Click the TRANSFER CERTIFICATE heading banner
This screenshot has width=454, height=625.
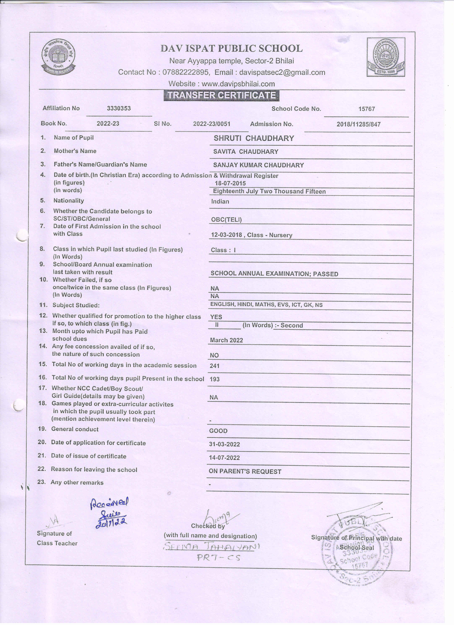pyautogui.click(x=221, y=95)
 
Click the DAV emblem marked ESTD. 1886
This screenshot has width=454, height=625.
pyautogui.click(x=386, y=57)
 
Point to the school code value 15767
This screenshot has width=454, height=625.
pyautogui.click(x=366, y=109)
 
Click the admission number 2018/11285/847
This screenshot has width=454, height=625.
pyautogui.click(x=358, y=124)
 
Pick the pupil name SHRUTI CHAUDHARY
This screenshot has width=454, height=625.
pyautogui.click(x=254, y=138)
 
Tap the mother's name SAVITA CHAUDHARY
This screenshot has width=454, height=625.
pyautogui.click(x=246, y=151)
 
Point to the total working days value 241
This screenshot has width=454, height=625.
pyautogui.click(x=215, y=366)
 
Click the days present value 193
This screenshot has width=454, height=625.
pyautogui.click(x=215, y=379)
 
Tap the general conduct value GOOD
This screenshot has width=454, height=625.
pyautogui.click(x=218, y=431)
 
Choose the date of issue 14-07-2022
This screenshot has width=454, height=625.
pyautogui.click(x=224, y=458)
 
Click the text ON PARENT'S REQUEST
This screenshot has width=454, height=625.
pyautogui.click(x=245, y=472)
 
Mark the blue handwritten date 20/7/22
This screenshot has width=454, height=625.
pyautogui.click(x=111, y=523)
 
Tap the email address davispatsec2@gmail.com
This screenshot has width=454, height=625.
pyautogui.click(x=282, y=73)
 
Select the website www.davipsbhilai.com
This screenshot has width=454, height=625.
pyautogui.click(x=238, y=84)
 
